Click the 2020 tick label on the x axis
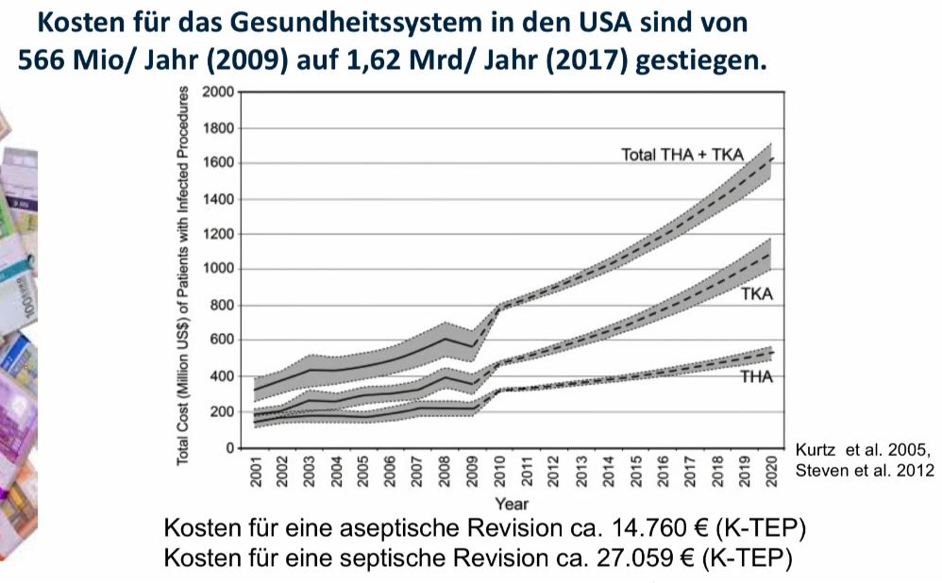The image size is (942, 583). coord(773,472)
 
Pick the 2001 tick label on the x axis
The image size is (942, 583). coord(257,472)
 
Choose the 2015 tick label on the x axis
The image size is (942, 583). coord(637,472)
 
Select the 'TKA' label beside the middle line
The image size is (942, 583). coord(756,294)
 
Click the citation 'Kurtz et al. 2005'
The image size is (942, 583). coord(864,448)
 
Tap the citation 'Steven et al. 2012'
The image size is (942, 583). coord(865,468)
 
